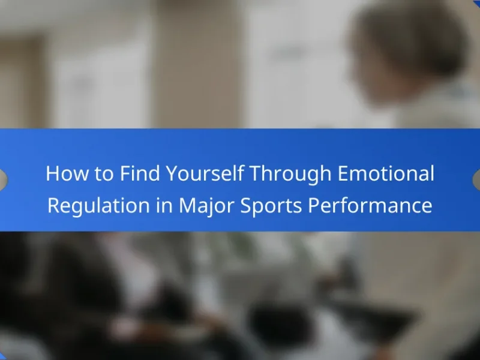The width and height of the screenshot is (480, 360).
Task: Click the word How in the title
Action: pos(67,173)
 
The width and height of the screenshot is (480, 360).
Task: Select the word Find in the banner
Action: pos(140,173)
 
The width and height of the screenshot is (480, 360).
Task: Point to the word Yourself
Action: pos(205,173)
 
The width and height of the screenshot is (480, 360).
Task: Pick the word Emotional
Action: pos(386,173)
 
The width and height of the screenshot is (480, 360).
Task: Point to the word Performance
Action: pos(370,205)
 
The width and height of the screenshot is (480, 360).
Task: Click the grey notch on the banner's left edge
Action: pos(3,180)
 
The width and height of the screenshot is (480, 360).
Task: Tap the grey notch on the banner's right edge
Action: pos(476,180)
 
